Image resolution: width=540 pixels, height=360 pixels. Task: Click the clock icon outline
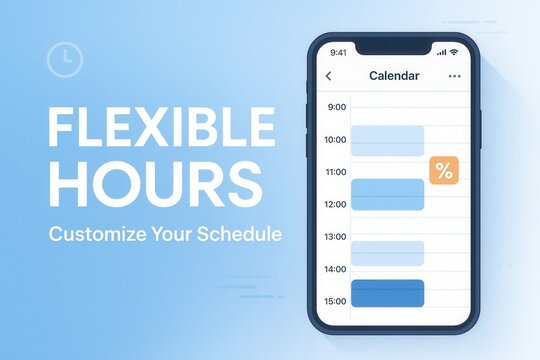point(65,59)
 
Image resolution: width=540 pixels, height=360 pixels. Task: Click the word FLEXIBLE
point(161,127)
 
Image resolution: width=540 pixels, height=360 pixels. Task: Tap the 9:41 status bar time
point(338,52)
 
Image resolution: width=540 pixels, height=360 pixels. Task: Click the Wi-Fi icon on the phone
point(453,52)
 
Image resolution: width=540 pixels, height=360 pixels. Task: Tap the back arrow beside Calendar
point(329,76)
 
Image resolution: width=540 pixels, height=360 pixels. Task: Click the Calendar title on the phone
point(394,76)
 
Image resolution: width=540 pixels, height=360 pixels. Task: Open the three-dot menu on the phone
point(455,76)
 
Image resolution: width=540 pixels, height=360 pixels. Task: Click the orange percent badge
point(444,171)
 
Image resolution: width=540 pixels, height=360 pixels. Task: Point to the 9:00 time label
point(337,107)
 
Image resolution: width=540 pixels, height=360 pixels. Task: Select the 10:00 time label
point(336,140)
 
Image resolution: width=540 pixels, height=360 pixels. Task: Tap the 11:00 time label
point(336,172)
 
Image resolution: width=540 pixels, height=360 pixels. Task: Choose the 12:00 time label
point(336,204)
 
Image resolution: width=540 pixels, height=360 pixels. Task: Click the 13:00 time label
point(336,237)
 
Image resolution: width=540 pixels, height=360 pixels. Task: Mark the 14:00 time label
point(336,269)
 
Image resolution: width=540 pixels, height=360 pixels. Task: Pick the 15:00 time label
point(336,301)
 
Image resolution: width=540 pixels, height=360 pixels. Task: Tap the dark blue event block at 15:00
point(387,293)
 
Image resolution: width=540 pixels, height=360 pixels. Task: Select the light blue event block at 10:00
point(387,140)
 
